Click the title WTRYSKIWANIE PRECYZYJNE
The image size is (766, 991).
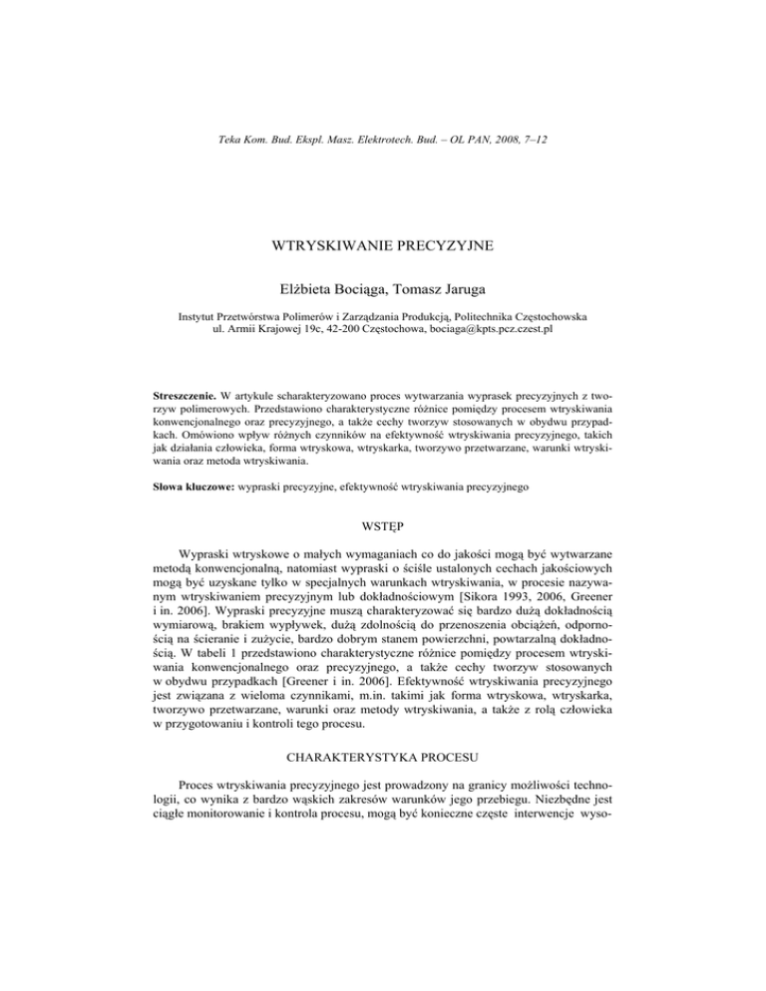[x=383, y=246]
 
